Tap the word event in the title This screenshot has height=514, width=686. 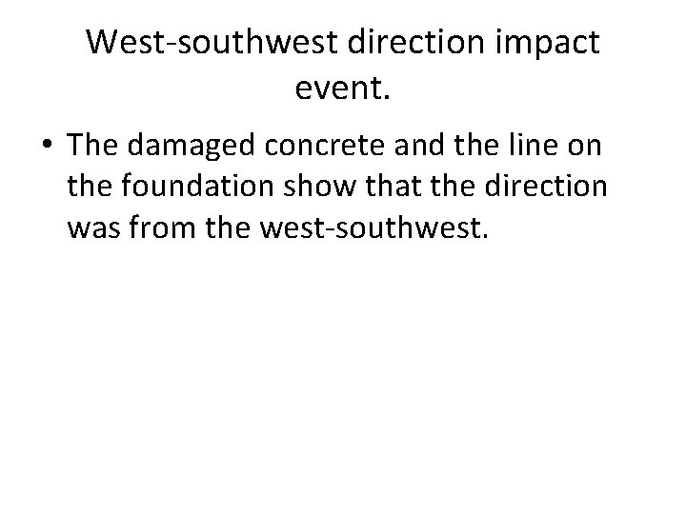344,89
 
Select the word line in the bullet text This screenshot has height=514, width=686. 526,147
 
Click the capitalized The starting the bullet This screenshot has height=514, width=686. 91,147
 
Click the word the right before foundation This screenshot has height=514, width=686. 91,188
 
